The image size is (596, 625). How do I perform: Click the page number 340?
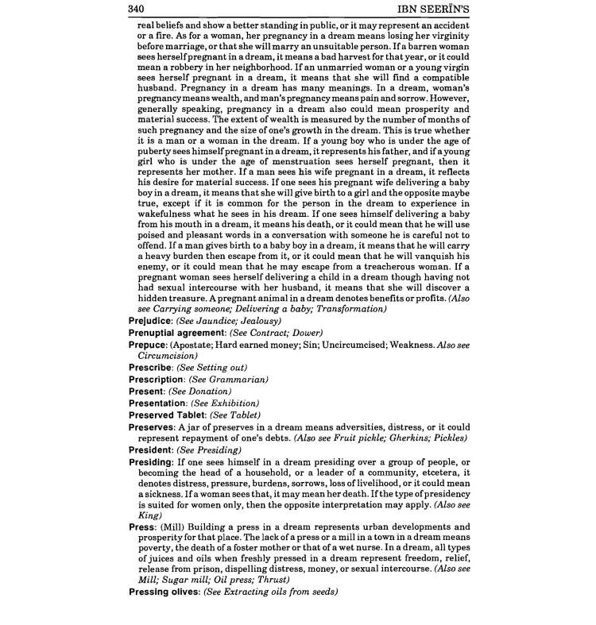click(x=139, y=8)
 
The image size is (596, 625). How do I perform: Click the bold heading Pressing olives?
click(x=164, y=592)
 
